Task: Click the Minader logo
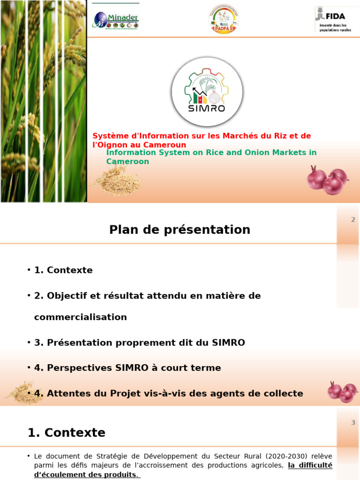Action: [x=116, y=19]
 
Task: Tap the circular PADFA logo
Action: [x=223, y=19]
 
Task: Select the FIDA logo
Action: [x=333, y=19]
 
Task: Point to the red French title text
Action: [x=202, y=140]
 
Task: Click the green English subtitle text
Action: [x=211, y=157]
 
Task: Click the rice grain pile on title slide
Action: [x=117, y=181]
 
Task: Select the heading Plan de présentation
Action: [x=180, y=230]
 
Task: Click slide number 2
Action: [x=353, y=220]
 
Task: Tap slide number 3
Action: [x=353, y=423]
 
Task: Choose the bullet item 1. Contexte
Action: [x=63, y=270]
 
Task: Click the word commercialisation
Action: [x=81, y=317]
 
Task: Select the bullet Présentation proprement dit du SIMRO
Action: [x=139, y=343]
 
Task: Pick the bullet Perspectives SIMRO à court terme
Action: [x=127, y=368]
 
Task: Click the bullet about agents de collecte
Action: [x=168, y=394]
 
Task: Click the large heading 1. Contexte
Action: [x=67, y=433]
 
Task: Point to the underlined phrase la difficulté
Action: [x=310, y=465]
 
